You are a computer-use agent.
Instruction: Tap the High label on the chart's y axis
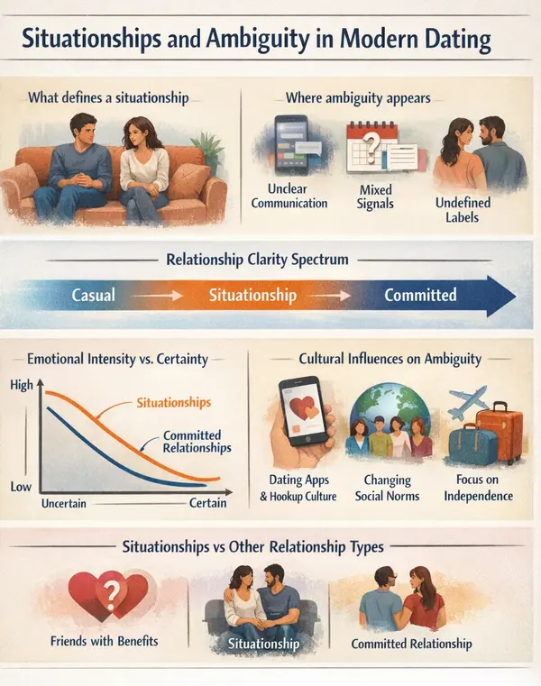[23, 385]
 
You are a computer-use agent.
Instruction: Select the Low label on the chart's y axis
[23, 486]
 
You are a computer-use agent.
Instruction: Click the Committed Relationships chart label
[197, 441]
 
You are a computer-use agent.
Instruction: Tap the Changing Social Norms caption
[388, 488]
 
